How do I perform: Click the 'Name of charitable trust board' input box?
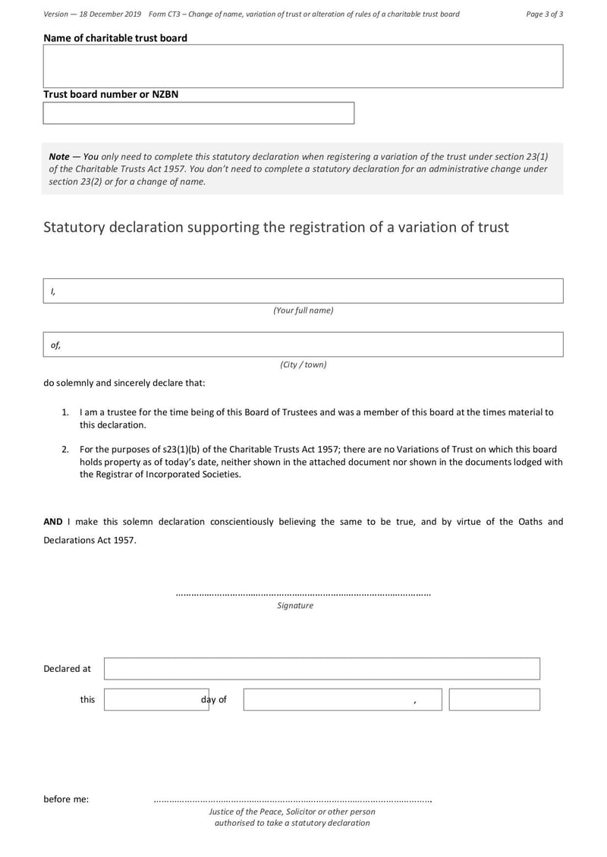[303, 66]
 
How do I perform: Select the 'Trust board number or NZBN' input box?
[198, 113]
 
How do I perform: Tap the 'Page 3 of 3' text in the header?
[544, 14]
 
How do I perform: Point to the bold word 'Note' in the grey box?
[59, 156]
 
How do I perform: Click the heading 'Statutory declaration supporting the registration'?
[275, 227]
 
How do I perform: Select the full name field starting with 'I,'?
[303, 291]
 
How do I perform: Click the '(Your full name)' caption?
[303, 310]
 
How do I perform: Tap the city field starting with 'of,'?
[303, 344]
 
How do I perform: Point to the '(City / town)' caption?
[303, 364]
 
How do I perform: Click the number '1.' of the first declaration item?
[66, 413]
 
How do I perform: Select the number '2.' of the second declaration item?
[66, 450]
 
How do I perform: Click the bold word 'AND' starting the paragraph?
[53, 522]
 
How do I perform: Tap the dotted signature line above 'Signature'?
[303, 595]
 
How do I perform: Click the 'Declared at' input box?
[322, 668]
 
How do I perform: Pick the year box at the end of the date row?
[494, 699]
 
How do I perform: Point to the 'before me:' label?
[66, 799]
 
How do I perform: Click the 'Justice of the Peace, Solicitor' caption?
[292, 811]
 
